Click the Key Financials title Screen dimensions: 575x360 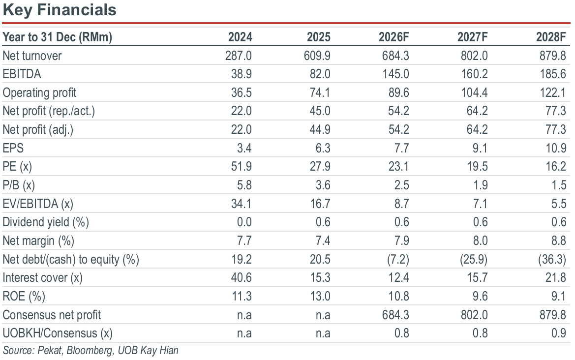click(x=60, y=10)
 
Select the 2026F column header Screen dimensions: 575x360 click(x=393, y=37)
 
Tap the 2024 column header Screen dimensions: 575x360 click(x=240, y=37)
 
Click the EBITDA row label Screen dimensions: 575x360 click(x=22, y=74)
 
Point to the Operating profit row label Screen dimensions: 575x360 click(x=39, y=93)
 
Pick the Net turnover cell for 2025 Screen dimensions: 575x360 click(x=317, y=56)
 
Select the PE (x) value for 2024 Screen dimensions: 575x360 click(x=242, y=166)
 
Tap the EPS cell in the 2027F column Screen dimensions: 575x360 click(x=480, y=148)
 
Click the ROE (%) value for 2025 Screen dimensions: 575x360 click(x=320, y=296)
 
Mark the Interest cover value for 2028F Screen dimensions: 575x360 click(x=555, y=277)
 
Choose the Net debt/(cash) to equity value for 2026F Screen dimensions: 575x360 click(x=398, y=260)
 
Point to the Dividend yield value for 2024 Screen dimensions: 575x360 click(x=244, y=222)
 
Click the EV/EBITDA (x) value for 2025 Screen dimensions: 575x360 click(x=320, y=204)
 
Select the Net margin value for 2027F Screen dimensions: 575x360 click(x=480, y=240)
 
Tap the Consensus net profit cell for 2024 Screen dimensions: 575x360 click(x=244, y=315)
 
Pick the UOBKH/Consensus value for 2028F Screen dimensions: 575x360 click(x=558, y=333)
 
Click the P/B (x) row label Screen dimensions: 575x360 click(x=19, y=185)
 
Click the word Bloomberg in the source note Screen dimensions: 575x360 click(x=90, y=351)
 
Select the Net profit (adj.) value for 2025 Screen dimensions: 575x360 click(x=320, y=129)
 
